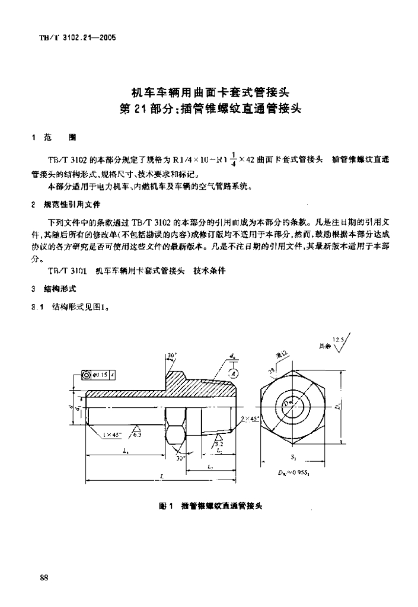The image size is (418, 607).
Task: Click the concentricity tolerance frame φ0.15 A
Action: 91,375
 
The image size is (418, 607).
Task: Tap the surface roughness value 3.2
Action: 219,443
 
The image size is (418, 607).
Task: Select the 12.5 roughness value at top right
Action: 339,340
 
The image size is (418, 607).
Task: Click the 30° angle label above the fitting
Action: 172,356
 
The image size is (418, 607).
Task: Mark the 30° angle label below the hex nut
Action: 179,458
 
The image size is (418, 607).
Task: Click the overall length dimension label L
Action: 162,475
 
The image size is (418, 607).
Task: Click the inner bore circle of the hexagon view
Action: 295,407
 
